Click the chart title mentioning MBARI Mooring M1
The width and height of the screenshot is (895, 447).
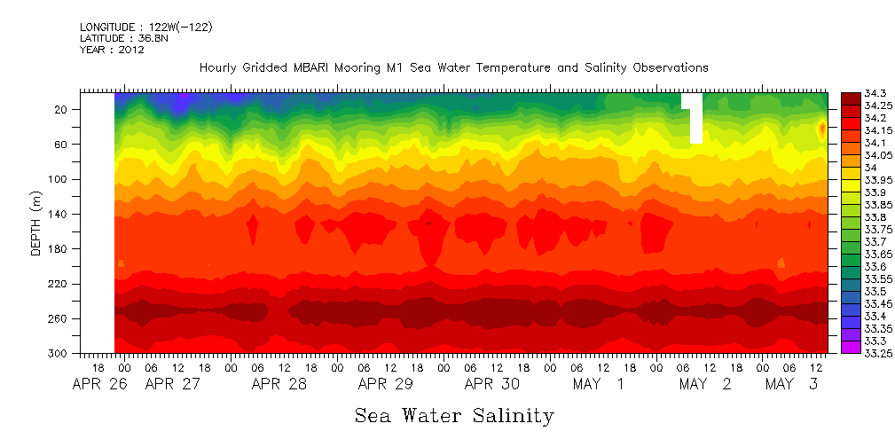coord(453,67)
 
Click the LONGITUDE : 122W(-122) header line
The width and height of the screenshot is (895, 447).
coord(145,27)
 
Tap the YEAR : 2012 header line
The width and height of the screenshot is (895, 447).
coord(112,50)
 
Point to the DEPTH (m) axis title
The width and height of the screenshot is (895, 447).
coord(36,222)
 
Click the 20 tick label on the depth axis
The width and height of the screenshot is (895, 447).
coord(61,109)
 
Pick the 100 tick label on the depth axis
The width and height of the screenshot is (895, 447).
coord(59,179)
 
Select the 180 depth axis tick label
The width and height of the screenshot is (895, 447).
coord(59,249)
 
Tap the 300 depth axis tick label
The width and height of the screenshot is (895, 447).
coord(59,354)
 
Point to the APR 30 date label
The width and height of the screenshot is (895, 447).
coord(492,384)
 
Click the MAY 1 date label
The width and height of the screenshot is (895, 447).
coord(599,384)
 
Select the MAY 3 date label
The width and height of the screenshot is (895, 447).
coord(792,384)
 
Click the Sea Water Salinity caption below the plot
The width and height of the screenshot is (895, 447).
coord(454,415)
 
